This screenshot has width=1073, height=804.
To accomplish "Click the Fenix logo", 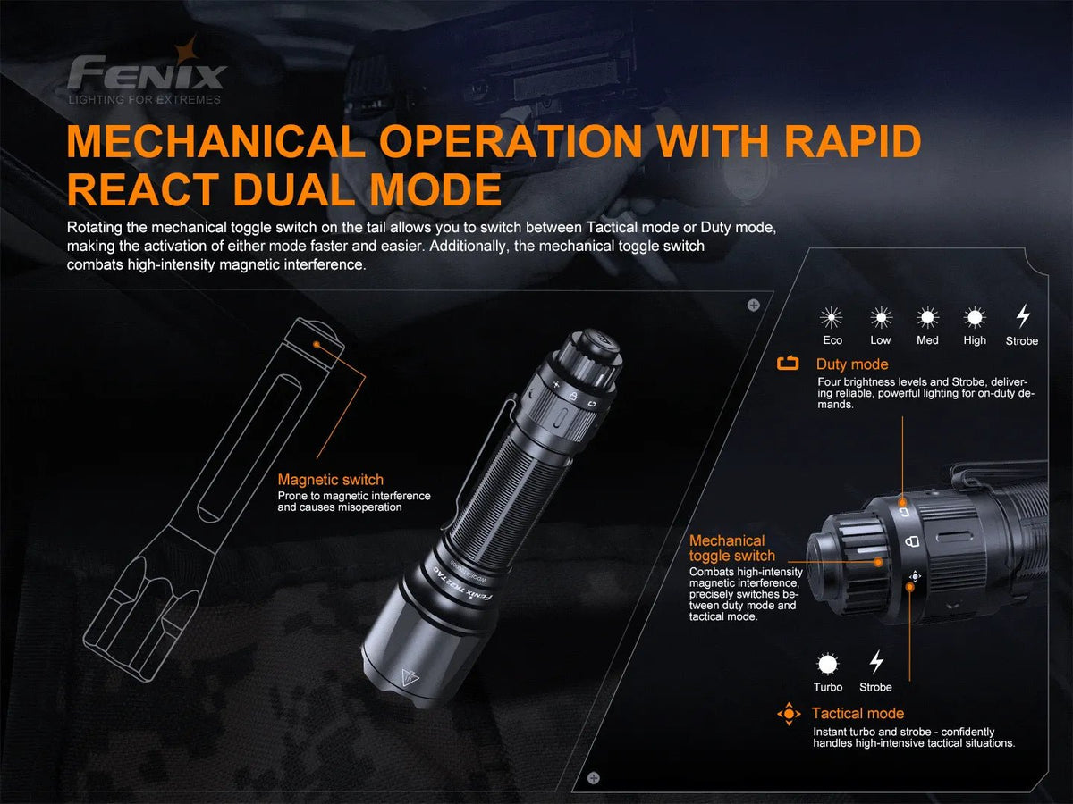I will [x=147, y=71].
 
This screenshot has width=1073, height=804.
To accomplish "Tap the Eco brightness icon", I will [x=832, y=317].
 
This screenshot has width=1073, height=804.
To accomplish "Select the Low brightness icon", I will [x=881, y=317].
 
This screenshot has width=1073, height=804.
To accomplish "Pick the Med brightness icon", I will [x=927, y=317].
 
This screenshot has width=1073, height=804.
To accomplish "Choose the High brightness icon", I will [x=975, y=317].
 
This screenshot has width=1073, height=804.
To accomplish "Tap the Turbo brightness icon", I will [x=828, y=664].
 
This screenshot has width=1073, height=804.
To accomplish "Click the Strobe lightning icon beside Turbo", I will [x=876, y=662].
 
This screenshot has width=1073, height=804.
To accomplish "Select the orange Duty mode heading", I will [x=852, y=364].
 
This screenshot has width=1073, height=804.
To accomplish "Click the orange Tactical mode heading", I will [x=858, y=713].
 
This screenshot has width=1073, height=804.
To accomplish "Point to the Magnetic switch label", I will [x=330, y=480].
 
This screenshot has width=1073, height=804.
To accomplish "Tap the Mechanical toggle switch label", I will [x=731, y=548].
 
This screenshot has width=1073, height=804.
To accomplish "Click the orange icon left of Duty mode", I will [x=788, y=364].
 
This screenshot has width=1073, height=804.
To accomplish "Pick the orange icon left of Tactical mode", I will [x=788, y=714].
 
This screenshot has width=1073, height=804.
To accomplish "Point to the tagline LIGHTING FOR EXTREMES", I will [x=145, y=100].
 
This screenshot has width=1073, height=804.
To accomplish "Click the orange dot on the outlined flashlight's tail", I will [x=315, y=342].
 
